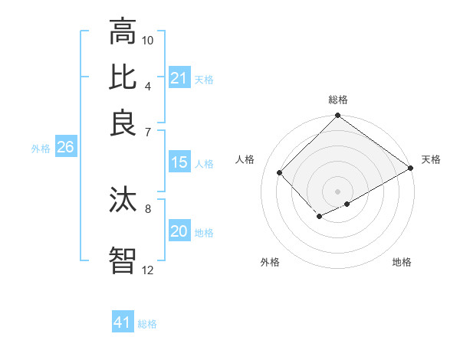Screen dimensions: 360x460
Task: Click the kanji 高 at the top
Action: point(123,32)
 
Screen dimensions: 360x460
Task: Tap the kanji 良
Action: point(123,123)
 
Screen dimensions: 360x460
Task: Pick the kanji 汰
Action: point(123,200)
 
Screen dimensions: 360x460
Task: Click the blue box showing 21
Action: point(179,78)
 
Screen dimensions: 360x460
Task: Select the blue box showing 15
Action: point(179,162)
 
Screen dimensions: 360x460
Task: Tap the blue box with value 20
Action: point(179,232)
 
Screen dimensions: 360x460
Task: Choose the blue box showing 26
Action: point(65,148)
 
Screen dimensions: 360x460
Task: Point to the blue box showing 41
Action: point(123,322)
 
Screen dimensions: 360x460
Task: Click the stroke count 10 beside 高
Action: point(148,39)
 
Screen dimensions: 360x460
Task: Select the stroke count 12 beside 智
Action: point(148,270)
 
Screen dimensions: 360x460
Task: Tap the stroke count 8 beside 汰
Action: point(148,208)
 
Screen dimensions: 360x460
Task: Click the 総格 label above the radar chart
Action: point(337,100)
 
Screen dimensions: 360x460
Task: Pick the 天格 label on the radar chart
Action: point(431,159)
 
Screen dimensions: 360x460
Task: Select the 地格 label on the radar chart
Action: point(402,262)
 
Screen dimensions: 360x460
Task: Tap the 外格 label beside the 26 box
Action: point(40,149)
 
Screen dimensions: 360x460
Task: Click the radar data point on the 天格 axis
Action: point(411,168)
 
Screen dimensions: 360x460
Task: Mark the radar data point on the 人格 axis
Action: point(280,172)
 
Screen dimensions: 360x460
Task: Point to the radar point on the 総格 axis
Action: point(337,116)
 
